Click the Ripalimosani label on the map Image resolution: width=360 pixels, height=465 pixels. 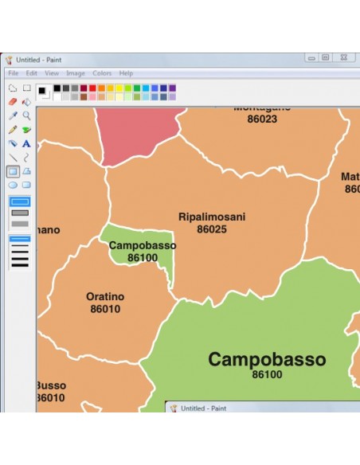[x=212, y=217]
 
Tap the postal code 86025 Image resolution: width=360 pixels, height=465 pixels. [x=212, y=229]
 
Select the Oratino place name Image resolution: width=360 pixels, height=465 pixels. [x=105, y=297]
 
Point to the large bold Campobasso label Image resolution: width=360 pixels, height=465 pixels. [x=267, y=360]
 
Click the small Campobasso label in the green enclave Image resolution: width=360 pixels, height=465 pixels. [x=143, y=245]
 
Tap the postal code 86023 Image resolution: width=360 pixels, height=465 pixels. [x=262, y=119]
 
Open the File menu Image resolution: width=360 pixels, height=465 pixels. [x=14, y=73]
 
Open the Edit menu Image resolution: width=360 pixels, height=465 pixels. [x=32, y=73]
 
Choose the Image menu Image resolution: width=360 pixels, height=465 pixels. [x=76, y=73]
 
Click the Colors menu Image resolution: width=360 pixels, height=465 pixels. [x=102, y=73]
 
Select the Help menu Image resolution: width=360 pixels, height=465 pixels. [x=126, y=73]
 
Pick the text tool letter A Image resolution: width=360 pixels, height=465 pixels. [x=26, y=144]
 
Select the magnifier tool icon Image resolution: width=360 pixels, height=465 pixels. [x=26, y=115]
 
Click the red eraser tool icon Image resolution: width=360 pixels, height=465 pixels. [x=13, y=102]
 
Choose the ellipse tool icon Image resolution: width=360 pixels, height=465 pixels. [x=13, y=185]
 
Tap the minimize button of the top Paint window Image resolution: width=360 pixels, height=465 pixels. [x=311, y=57]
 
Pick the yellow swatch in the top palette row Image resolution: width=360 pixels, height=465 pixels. [x=119, y=88]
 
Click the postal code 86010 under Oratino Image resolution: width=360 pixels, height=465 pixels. [x=105, y=309]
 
